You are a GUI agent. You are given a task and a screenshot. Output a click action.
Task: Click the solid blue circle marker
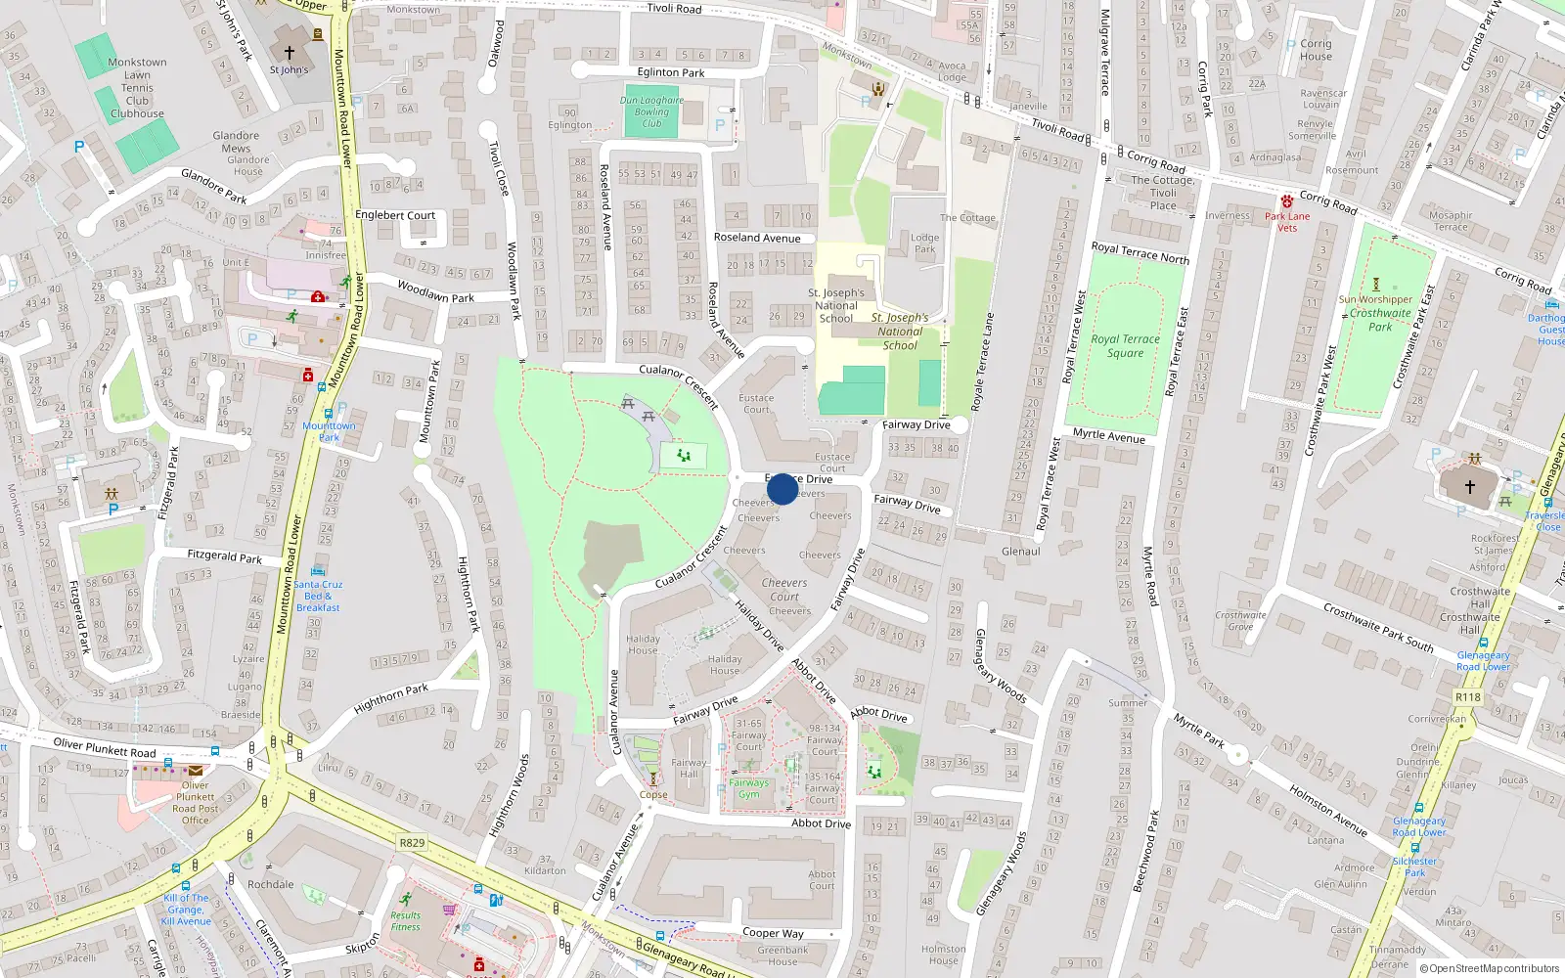(782, 489)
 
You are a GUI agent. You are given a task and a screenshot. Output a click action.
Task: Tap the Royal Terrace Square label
(1125, 346)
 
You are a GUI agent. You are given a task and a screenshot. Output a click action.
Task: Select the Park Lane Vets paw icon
(1287, 201)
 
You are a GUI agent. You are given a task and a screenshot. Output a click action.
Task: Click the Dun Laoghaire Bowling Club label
(651, 111)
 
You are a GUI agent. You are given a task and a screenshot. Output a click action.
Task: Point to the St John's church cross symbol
(289, 53)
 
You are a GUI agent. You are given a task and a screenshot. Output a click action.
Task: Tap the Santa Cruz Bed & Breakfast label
(318, 596)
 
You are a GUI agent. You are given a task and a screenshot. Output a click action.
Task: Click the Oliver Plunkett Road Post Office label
(196, 803)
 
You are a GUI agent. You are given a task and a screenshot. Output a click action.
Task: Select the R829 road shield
(412, 842)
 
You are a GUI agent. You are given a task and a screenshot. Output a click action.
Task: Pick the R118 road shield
(1467, 696)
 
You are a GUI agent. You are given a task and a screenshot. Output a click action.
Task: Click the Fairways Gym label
(748, 788)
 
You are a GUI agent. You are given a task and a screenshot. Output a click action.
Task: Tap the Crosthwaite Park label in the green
(1380, 320)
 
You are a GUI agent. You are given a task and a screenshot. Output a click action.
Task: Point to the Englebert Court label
(395, 215)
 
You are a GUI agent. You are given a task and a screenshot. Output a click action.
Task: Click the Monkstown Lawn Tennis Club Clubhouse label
(137, 88)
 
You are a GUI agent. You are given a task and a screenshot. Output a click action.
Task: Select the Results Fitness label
(405, 921)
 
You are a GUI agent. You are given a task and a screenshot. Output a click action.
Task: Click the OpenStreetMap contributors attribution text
(1489, 968)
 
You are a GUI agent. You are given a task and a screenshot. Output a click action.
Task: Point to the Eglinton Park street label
(671, 72)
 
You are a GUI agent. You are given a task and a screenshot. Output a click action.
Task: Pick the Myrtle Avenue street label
(1108, 435)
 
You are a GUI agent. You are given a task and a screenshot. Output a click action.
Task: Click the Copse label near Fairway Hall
(653, 795)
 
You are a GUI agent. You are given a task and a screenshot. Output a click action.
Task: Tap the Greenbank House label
(782, 956)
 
